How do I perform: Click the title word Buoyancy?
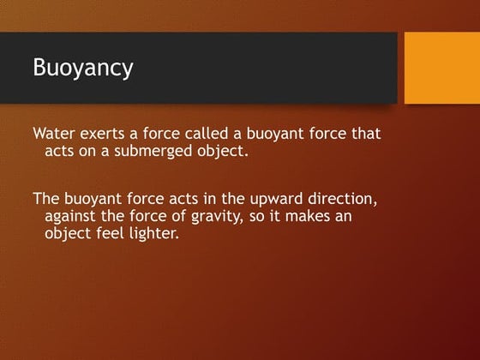82,68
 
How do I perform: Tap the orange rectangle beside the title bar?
441,68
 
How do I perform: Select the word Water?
55,135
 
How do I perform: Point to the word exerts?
106,135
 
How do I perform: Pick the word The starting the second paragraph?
46,199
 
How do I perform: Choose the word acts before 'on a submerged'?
58,152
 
